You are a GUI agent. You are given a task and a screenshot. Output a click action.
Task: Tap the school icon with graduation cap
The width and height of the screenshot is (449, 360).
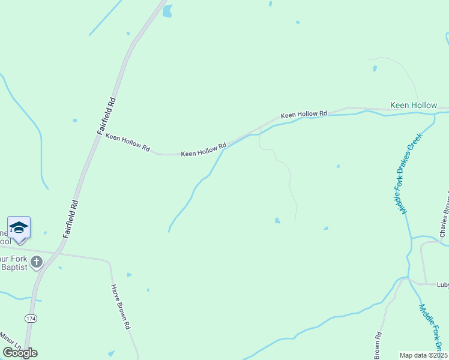tap(19, 227)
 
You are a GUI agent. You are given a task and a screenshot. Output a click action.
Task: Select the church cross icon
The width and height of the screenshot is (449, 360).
tap(37, 261)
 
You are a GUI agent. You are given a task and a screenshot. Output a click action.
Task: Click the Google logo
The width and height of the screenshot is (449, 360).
tap(20, 353)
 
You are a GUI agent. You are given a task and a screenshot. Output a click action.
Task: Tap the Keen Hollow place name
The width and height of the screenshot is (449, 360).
tap(414, 105)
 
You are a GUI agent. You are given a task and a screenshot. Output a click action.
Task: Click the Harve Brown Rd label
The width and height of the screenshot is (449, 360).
tap(121, 307)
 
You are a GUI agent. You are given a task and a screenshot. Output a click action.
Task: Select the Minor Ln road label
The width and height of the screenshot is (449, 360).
tap(10, 343)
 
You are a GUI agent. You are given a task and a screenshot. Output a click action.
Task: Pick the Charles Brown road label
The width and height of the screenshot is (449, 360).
tap(445, 215)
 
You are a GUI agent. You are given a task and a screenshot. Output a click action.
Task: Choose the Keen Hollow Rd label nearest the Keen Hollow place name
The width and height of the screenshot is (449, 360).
tap(304, 114)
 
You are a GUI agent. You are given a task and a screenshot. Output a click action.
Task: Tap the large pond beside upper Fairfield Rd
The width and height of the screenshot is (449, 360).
tap(167, 10)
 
